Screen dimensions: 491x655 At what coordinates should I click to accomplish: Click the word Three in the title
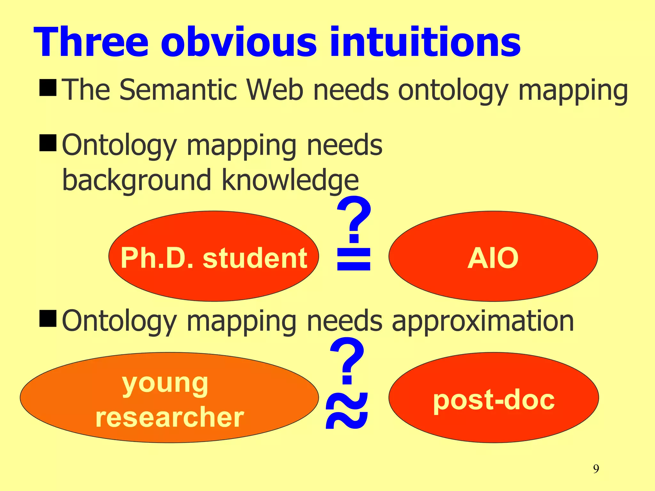point(91,42)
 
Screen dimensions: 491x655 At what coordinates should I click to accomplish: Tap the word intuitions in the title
point(425,42)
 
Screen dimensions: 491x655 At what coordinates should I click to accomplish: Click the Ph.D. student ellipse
point(214,256)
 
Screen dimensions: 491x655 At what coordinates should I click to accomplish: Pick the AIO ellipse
point(493,256)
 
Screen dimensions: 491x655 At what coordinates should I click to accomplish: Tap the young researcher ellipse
point(170,398)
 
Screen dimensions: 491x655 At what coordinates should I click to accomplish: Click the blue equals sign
point(354,260)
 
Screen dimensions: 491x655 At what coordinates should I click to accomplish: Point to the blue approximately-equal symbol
point(347,411)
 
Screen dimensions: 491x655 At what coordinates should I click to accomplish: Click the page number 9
point(596,469)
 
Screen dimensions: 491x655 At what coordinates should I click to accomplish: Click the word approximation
point(483,321)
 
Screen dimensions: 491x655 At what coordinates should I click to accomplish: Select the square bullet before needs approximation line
point(48,318)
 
